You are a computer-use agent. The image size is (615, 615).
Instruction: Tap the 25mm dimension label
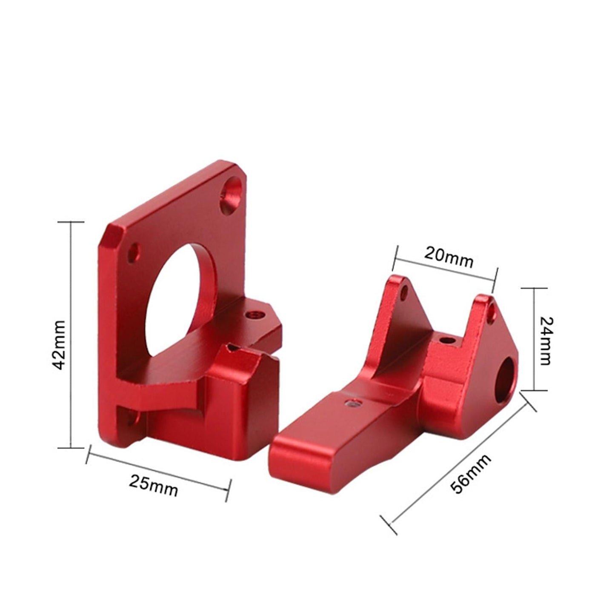[154, 486]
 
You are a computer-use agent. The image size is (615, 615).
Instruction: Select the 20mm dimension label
[449, 257]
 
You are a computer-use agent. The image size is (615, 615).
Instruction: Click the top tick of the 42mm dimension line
[71, 222]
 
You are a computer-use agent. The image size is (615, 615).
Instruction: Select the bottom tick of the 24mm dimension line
[535, 390]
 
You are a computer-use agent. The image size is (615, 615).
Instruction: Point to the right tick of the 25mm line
[229, 490]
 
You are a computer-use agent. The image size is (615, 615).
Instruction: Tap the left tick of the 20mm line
[395, 258]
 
